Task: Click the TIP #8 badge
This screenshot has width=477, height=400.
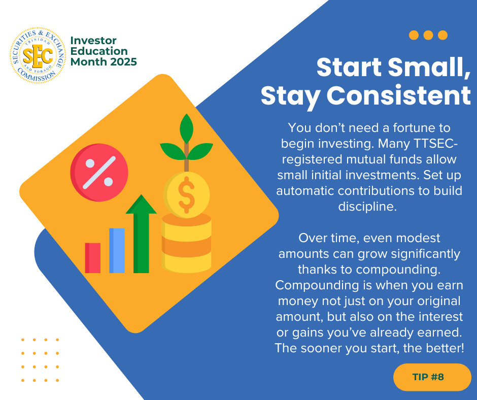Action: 432,377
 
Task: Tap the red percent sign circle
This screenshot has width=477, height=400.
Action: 99,173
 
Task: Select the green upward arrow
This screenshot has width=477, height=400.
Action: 141,234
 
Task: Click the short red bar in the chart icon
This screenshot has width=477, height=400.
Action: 92,258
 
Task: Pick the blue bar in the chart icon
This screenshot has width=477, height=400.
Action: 117,251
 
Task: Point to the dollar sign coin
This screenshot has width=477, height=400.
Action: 186,194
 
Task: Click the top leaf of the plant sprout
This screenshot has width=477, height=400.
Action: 186,128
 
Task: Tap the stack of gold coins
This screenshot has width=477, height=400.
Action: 186,243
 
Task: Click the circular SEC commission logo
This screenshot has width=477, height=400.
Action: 38,55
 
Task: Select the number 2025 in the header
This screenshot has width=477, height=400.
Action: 123,62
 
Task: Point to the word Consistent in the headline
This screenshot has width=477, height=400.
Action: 398,96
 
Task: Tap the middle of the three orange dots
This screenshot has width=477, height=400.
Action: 428,35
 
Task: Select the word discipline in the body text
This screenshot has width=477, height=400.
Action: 367,207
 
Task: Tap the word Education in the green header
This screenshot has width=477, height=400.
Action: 99,51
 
